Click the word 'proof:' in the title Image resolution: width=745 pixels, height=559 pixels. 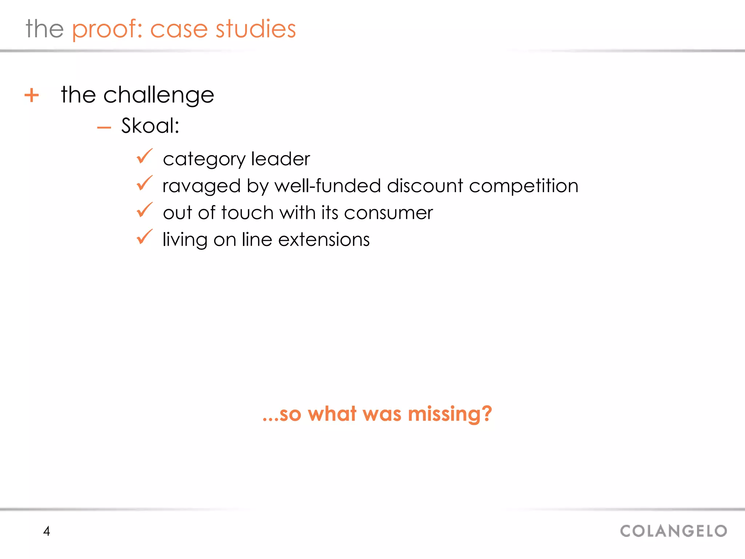(107, 29)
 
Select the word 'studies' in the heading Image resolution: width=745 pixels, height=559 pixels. (255, 29)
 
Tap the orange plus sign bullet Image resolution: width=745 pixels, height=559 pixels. (32, 95)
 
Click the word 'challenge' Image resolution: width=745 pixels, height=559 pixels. (159, 95)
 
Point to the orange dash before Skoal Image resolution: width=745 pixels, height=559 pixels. (104, 127)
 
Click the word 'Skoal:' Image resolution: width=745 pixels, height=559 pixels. (150, 126)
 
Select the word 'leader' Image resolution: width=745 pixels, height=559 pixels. (280, 159)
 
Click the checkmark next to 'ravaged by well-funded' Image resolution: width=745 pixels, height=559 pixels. (144, 183)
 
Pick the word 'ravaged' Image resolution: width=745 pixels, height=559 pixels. (202, 186)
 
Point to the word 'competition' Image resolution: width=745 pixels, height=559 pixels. (523, 186)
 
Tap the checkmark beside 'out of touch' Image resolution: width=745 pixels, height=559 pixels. (144, 210)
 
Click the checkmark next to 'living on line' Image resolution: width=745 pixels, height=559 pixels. (144, 237)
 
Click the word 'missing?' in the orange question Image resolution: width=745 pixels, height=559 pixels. (450, 415)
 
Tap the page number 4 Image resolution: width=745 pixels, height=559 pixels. (47, 531)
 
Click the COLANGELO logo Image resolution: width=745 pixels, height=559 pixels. (673, 531)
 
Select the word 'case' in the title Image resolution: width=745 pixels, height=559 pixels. (179, 29)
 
